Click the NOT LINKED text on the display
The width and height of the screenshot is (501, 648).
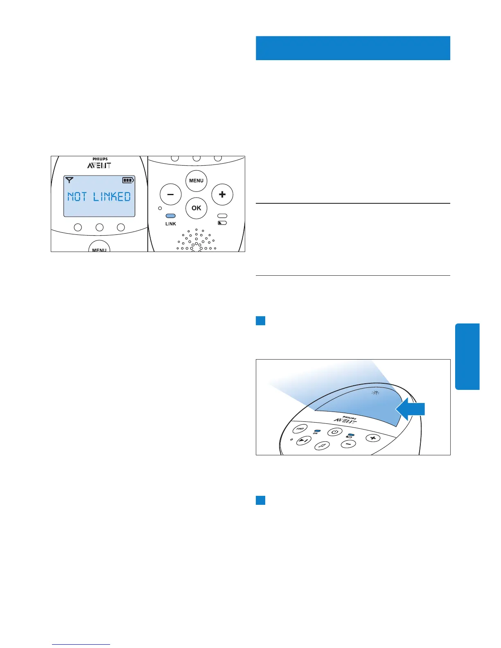[x=99, y=197]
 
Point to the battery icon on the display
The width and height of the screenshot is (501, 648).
[x=128, y=180]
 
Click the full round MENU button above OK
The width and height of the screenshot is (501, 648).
[x=196, y=181]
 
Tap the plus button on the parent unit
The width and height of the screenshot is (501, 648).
[x=222, y=194]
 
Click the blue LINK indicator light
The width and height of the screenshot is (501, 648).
[x=170, y=216]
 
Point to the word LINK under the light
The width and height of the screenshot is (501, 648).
[x=171, y=224]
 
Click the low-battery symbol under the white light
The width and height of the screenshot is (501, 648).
[x=222, y=223]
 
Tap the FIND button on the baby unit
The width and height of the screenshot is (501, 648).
[x=300, y=429]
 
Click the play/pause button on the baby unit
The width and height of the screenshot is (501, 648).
[x=303, y=441]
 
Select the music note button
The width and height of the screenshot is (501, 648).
[x=323, y=445]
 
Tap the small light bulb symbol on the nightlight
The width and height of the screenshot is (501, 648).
[x=375, y=393]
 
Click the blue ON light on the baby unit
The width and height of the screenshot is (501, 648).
[x=317, y=431]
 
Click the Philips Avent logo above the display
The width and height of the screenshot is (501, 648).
[x=99, y=163]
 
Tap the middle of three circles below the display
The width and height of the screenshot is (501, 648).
[x=99, y=227]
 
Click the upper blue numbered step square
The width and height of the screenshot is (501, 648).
[x=261, y=320]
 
